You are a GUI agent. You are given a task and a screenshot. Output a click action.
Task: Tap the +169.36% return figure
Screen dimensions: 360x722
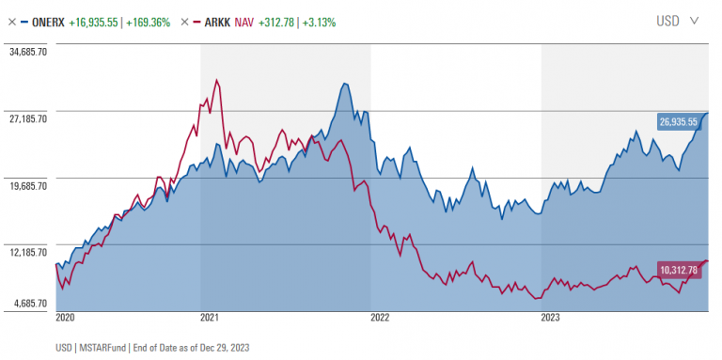149,21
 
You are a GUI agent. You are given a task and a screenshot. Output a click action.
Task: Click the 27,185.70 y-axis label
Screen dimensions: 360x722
27,119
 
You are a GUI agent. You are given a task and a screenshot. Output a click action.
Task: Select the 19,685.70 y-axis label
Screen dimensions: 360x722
27,186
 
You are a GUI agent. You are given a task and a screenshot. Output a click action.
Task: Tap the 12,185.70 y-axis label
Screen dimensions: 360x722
27,252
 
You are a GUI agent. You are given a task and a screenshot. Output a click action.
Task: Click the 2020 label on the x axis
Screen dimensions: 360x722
65,318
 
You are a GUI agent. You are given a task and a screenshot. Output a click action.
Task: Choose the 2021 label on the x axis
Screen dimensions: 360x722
210,318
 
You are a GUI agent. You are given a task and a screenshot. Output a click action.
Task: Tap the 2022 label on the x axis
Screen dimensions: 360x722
380,318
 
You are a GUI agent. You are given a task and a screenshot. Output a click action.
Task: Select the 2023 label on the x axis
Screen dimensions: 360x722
550,318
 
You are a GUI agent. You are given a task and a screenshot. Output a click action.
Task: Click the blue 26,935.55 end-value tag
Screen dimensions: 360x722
678,121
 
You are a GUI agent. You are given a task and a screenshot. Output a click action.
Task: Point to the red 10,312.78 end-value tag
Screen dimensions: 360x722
678,271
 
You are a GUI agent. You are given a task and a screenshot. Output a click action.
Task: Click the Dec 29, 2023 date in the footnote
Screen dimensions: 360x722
227,347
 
